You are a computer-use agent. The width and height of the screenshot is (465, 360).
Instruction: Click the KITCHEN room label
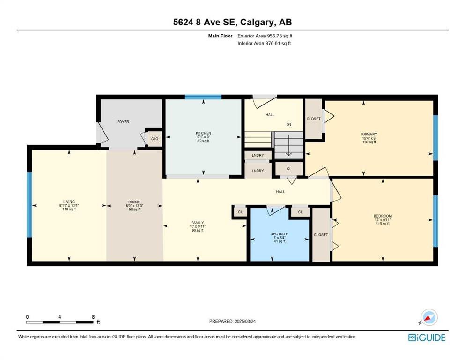(x=203, y=133)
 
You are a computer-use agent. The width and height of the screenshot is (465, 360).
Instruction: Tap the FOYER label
(x=123, y=122)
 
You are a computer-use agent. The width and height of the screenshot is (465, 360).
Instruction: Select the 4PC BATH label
(x=280, y=234)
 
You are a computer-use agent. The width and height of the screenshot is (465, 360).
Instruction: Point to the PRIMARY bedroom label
(x=369, y=134)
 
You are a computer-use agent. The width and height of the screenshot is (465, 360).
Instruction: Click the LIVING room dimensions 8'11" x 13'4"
(x=69, y=205)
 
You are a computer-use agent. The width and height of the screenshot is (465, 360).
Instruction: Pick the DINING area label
(x=135, y=202)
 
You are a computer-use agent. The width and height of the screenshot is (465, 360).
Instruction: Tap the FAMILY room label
(x=198, y=223)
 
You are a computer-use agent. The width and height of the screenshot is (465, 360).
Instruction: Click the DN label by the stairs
(x=288, y=124)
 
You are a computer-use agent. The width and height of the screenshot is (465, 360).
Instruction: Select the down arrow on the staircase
(x=288, y=145)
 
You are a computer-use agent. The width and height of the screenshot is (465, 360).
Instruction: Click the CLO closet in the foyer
(x=155, y=139)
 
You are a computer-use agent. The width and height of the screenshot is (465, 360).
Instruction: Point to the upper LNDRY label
(x=258, y=155)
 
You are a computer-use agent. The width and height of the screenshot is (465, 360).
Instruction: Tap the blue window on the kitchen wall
(x=203, y=97)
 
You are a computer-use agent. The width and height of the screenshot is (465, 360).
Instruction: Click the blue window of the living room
(x=30, y=205)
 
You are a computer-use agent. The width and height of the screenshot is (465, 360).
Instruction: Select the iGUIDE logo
(x=427, y=338)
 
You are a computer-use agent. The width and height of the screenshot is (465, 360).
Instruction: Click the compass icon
(x=429, y=317)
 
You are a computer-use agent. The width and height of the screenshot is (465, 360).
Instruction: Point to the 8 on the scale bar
(x=93, y=317)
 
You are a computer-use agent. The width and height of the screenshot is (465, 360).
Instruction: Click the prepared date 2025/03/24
(x=245, y=321)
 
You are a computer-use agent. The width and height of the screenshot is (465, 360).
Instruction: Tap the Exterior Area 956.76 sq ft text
(x=265, y=36)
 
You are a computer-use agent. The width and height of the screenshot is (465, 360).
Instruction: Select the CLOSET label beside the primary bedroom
(x=313, y=119)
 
